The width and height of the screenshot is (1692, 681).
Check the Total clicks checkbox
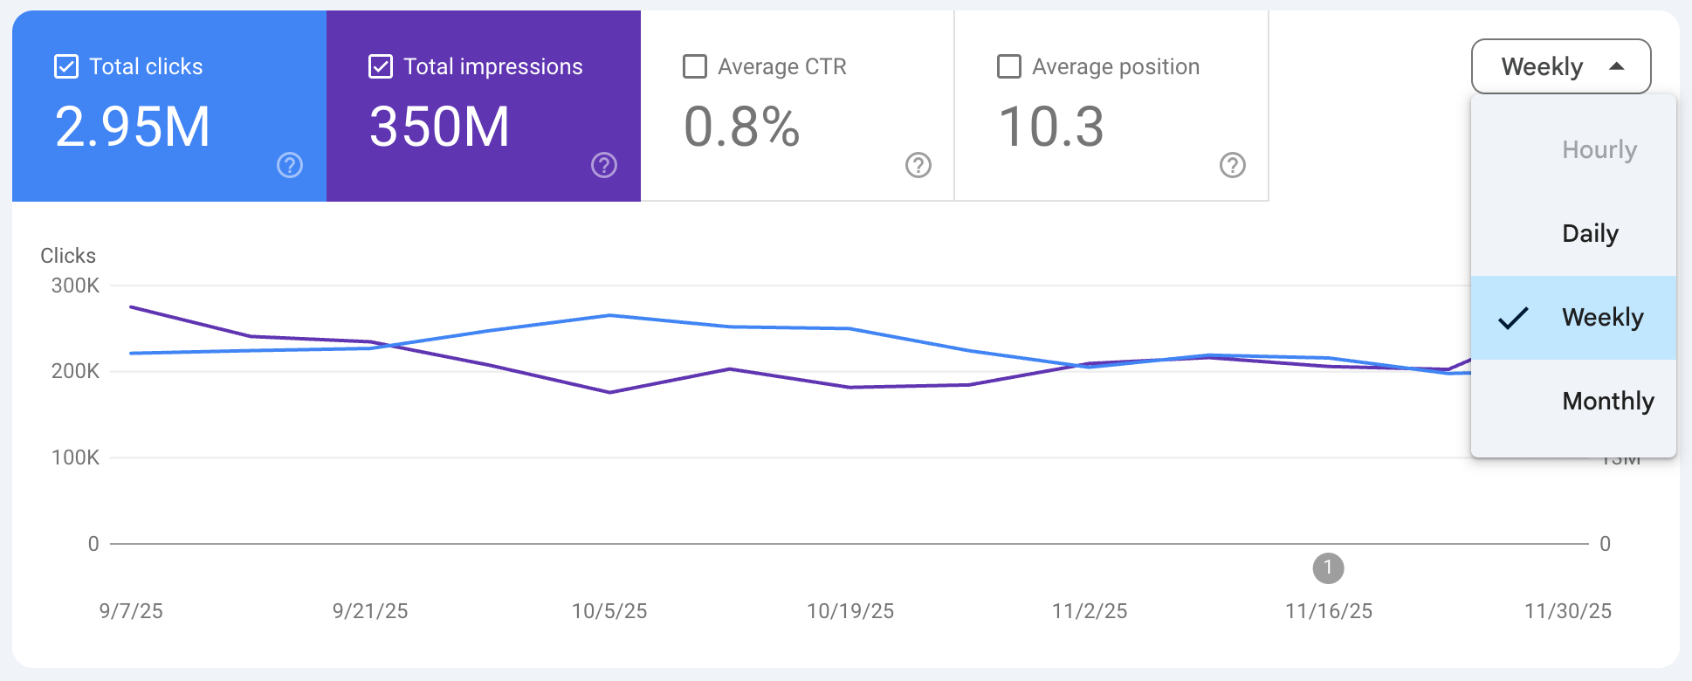click(x=66, y=66)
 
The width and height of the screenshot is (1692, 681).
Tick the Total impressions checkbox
click(x=381, y=66)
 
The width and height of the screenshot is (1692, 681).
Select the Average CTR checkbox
click(x=695, y=66)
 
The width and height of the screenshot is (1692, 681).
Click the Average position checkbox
click(x=1009, y=66)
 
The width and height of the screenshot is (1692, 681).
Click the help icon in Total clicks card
click(x=290, y=165)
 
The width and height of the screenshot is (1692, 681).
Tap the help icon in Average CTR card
click(x=918, y=165)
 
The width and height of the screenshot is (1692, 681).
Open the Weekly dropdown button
click(x=1561, y=66)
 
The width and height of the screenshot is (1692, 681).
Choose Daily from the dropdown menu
click(x=1590, y=233)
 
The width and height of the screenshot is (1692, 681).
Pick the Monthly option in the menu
click(x=1607, y=401)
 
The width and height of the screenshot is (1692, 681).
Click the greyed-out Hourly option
click(x=1599, y=149)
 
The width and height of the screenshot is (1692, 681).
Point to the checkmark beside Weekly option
click(x=1513, y=318)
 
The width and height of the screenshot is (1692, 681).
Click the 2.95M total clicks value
click(x=133, y=127)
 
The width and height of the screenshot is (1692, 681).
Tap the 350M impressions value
click(x=439, y=127)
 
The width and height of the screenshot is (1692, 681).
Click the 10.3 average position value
click(x=1050, y=127)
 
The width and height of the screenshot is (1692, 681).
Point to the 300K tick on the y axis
click(x=75, y=285)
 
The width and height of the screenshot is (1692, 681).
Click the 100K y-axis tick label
click(x=75, y=457)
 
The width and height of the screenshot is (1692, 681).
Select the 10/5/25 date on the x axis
click(x=609, y=611)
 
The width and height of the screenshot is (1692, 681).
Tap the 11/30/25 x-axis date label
click(x=1567, y=611)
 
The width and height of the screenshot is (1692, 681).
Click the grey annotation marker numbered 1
click(x=1328, y=568)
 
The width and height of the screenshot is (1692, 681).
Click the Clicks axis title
click(x=68, y=256)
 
